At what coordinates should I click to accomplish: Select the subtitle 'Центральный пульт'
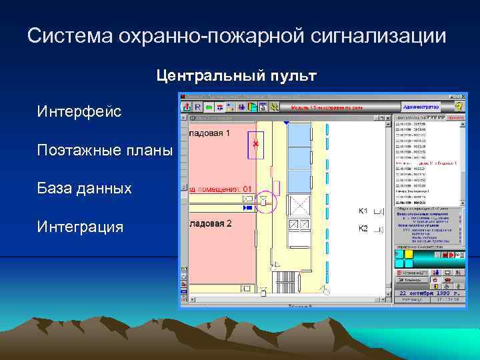[x=237, y=76]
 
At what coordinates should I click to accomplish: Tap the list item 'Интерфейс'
[x=79, y=112]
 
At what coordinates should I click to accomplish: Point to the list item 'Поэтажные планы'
[x=105, y=150]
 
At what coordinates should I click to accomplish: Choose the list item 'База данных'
[x=85, y=189]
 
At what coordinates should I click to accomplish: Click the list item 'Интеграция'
[x=81, y=227]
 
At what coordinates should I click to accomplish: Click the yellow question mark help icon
[x=458, y=106]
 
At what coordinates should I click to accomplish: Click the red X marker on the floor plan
[x=255, y=143]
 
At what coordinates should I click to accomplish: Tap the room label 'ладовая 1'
[x=210, y=133]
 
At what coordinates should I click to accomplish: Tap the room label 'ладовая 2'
[x=210, y=223]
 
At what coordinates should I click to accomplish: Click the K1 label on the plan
[x=363, y=211]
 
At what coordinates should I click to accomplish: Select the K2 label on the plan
[x=363, y=229]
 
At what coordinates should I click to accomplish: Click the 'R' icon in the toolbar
[x=197, y=107]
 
